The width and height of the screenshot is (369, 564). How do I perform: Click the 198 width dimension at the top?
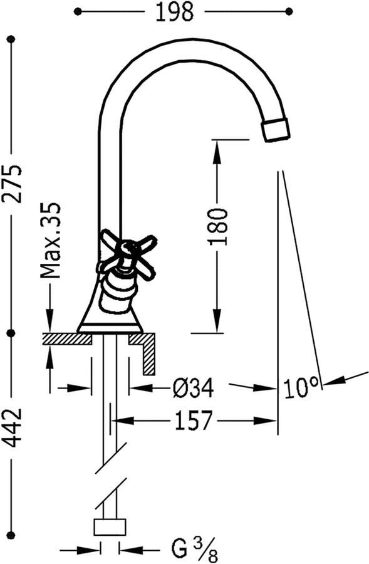click(x=176, y=12)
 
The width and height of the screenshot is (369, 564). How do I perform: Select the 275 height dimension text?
click(x=11, y=183)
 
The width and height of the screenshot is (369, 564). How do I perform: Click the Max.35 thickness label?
click(x=49, y=240)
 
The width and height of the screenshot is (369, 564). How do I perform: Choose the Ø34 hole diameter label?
click(x=193, y=389)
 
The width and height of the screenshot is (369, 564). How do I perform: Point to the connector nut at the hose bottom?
click(x=110, y=526)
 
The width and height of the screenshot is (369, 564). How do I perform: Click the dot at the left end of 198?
click(x=78, y=11)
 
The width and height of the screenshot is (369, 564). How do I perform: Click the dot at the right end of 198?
click(x=289, y=11)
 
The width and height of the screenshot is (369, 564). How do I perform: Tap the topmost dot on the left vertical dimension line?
click(x=11, y=39)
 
